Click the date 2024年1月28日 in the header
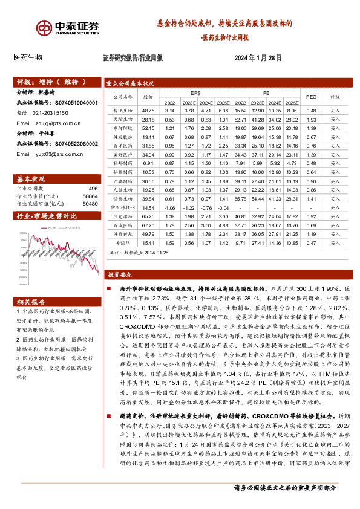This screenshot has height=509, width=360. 258,58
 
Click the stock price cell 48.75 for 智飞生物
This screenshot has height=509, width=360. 148,111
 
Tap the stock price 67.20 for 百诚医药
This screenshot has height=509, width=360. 148,224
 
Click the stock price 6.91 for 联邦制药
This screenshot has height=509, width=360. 148,163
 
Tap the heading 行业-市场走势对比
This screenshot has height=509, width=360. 46,215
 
